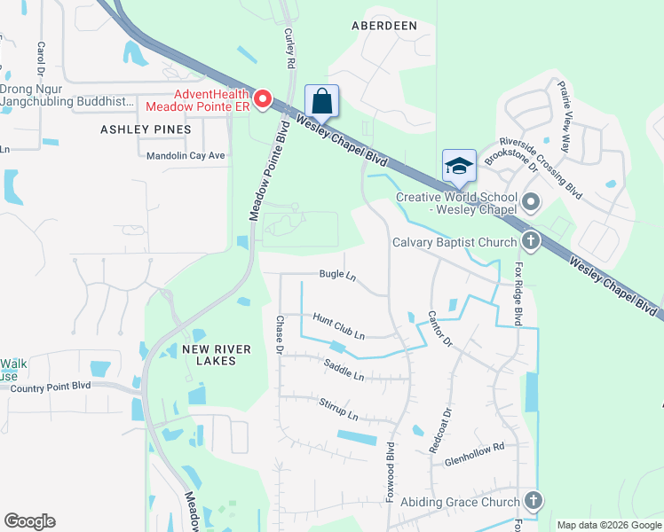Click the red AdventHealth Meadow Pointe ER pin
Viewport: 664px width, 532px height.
[262, 99]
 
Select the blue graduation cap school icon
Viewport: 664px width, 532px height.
[459, 165]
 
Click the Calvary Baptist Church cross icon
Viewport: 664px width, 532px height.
[530, 241]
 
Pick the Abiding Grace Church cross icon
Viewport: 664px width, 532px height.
[532, 501]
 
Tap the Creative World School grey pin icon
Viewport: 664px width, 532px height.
[531, 202]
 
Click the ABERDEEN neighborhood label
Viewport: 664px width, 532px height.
[384, 26]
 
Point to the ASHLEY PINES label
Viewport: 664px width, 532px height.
[146, 129]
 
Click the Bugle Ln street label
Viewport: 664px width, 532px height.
[338, 276]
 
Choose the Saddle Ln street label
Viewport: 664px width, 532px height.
[344, 371]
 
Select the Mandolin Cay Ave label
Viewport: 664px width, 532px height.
[186, 155]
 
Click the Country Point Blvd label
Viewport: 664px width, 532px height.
[51, 386]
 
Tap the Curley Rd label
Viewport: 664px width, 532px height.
[289, 49]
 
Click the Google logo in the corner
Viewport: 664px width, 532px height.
[29, 521]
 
